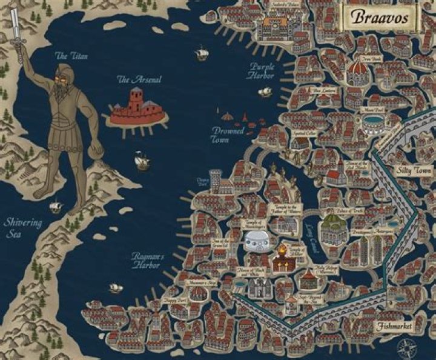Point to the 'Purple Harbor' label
tap(261, 71)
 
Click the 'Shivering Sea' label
tap(24, 228)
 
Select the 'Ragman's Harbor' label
tap(148, 261)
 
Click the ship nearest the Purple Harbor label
tap(265, 92)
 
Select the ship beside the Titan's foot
tap(56, 206)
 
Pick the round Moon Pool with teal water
tap(371, 121)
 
